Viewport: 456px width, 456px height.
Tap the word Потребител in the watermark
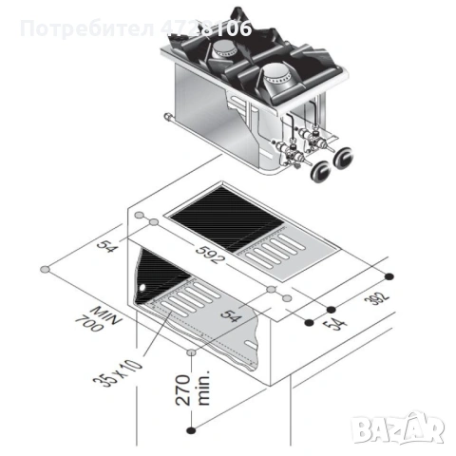[x=81, y=28]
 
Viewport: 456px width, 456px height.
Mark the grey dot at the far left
[x=44, y=271]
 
